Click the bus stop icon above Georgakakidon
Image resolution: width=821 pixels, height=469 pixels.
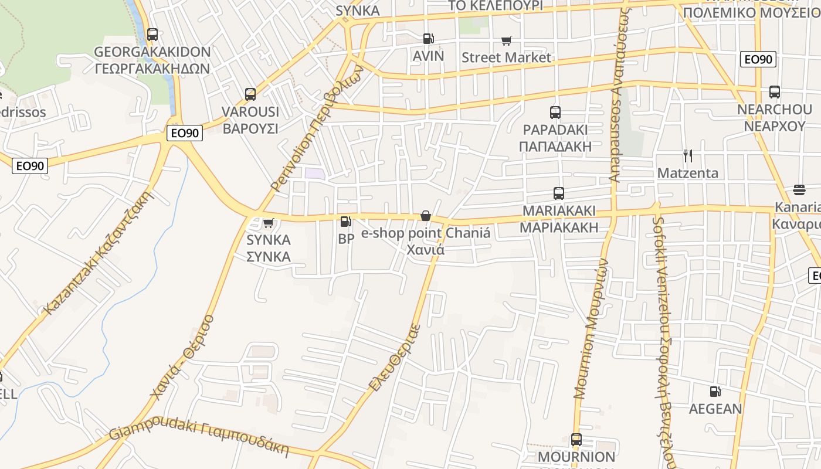(152, 35)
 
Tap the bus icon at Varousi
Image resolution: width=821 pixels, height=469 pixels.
(250, 94)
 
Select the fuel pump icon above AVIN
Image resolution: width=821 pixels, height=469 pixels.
(429, 39)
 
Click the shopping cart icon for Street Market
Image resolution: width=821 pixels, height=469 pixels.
(507, 40)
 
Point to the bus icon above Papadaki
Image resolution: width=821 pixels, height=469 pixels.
(555, 113)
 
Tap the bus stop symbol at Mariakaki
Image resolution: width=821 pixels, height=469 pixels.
(559, 193)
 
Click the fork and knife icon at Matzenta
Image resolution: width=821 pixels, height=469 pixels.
(688, 156)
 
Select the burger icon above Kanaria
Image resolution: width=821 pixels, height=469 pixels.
(799, 189)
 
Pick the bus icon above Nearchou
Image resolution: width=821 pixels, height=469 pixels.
(775, 92)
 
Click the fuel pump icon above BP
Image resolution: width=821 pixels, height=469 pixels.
(346, 222)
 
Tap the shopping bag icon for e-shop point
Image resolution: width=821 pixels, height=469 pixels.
(426, 216)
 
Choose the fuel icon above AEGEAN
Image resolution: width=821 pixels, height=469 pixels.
(715, 391)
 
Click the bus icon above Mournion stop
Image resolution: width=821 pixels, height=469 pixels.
(576, 440)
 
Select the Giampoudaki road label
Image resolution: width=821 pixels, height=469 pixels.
(199, 437)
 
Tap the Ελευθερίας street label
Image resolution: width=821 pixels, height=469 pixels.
(395, 358)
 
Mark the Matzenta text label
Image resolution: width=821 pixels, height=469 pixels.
(688, 173)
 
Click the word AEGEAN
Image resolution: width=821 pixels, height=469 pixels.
(715, 409)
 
